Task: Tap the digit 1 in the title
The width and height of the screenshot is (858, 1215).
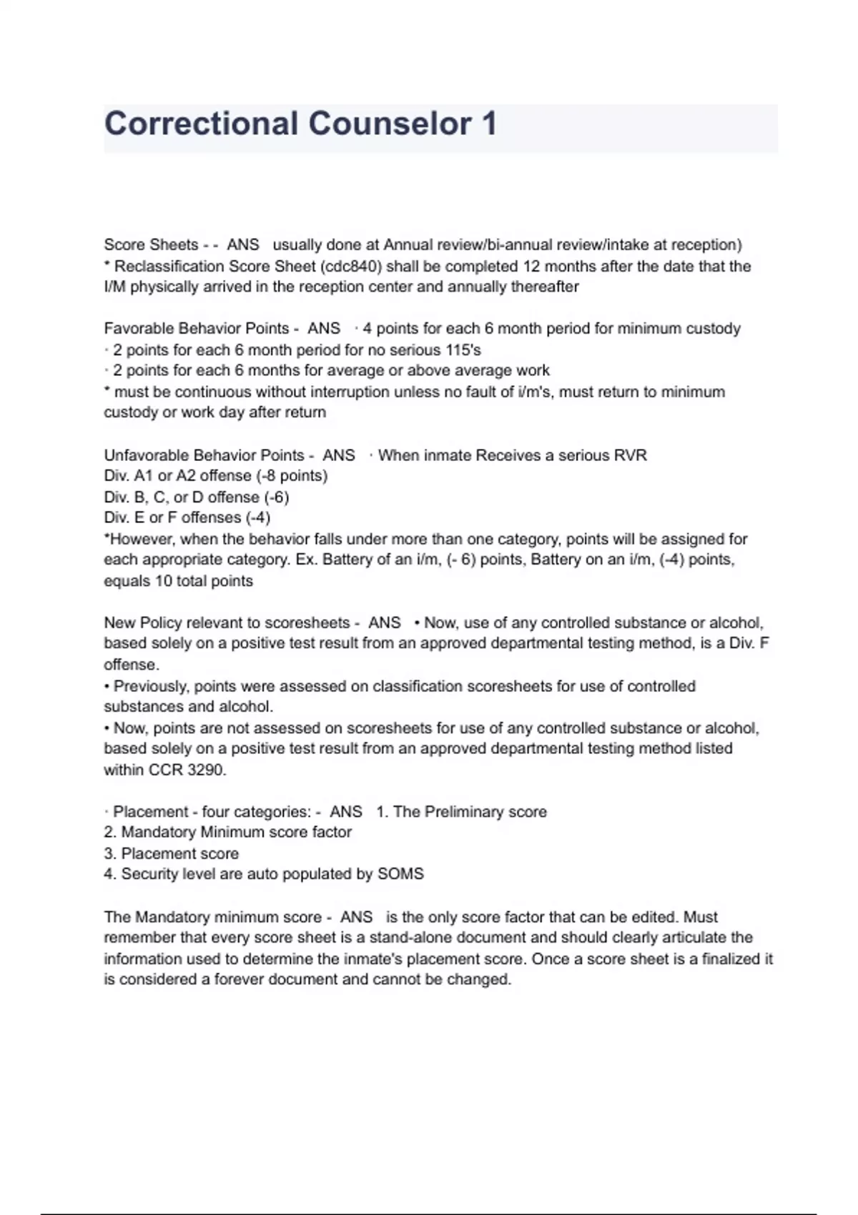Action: click(489, 124)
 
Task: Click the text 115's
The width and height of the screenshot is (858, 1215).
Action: click(461, 350)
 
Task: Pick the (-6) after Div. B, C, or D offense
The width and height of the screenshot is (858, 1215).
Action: click(277, 497)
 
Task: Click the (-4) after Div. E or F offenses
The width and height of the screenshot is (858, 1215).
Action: click(258, 517)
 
